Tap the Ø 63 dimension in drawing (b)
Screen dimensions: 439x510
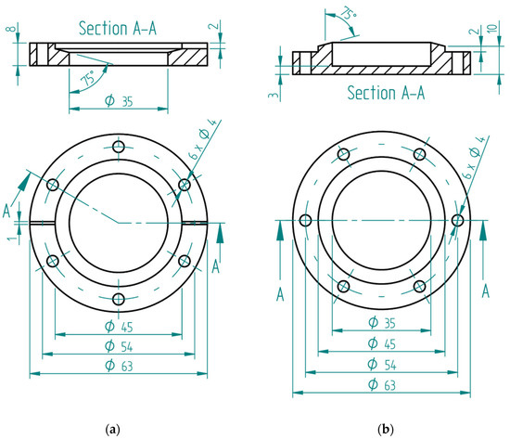point(382,384)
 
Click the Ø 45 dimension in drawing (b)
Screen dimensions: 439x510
point(382,343)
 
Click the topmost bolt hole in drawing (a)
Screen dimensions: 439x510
point(118,147)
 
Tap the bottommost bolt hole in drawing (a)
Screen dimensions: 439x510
point(118,298)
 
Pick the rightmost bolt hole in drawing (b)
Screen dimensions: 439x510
point(457,220)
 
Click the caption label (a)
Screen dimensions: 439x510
point(113,429)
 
